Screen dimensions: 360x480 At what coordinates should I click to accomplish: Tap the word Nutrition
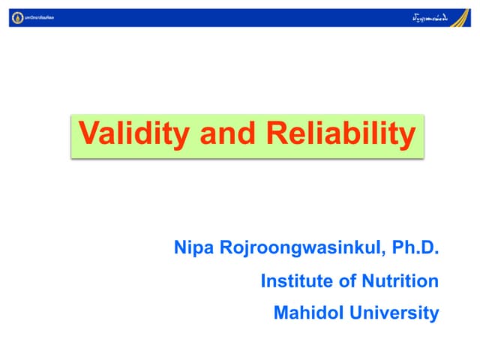click(397, 281)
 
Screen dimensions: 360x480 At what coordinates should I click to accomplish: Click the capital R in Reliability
click(274, 135)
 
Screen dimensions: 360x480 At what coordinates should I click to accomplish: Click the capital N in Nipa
click(180, 247)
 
